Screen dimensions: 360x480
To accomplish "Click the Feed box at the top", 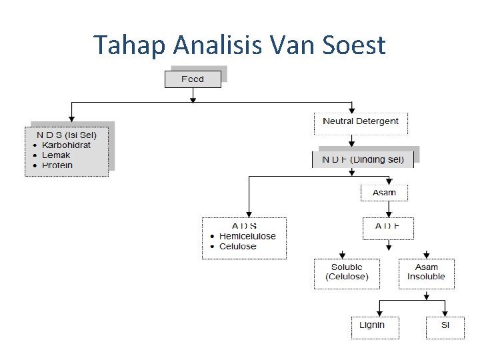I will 193,79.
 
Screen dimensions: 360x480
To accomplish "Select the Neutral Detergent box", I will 361,122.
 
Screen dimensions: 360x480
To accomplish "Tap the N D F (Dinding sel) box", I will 363,159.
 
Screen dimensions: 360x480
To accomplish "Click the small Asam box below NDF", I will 384,193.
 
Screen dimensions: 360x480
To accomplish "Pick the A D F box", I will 387,227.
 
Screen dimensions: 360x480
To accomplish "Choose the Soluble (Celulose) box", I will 347,273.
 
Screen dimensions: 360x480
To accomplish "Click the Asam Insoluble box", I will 427,273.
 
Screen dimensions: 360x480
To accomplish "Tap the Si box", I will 445,326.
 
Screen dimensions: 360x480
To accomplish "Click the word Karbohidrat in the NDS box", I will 66,145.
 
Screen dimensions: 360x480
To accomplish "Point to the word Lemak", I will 56,155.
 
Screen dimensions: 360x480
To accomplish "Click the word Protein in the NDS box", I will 57,165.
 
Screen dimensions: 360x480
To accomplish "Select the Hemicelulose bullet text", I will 247,237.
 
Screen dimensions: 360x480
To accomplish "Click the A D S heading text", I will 244,226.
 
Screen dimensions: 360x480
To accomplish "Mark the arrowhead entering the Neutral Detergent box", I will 352,110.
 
